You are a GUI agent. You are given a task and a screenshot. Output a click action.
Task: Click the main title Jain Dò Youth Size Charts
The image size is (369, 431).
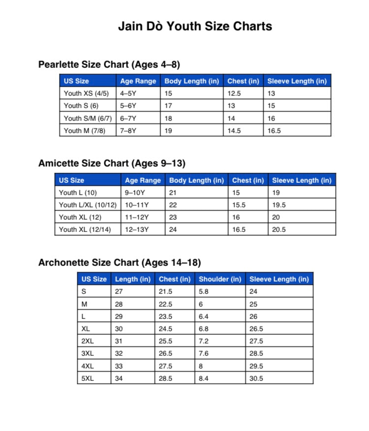(x=195, y=26)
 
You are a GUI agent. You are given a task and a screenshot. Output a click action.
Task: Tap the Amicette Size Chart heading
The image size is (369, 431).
(x=112, y=163)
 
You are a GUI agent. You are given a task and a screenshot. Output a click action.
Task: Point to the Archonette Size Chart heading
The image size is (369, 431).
(x=120, y=263)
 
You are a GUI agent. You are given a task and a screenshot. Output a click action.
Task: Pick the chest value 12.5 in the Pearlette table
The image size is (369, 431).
(x=234, y=93)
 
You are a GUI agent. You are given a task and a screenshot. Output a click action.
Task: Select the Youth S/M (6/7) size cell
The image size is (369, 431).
(x=88, y=118)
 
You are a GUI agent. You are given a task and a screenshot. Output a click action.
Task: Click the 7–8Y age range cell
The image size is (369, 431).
(x=128, y=131)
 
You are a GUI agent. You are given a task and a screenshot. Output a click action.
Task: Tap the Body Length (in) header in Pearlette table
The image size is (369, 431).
(x=191, y=81)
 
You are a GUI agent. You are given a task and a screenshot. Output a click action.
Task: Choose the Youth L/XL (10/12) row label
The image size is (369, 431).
(x=88, y=205)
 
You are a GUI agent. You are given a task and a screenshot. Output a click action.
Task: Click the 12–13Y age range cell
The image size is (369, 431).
(x=137, y=230)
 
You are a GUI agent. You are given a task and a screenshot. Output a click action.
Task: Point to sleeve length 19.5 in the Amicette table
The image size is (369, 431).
(x=279, y=205)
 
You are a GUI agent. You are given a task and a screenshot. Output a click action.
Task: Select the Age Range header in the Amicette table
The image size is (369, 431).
(x=143, y=180)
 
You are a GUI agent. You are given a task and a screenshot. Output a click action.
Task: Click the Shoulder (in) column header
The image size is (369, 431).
(x=220, y=279)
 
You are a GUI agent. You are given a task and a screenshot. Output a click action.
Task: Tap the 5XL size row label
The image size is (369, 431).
(x=88, y=378)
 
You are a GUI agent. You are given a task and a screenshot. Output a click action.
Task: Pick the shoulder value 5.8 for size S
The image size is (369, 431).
(x=204, y=291)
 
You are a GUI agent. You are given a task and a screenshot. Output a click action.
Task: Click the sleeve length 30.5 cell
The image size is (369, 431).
(x=256, y=378)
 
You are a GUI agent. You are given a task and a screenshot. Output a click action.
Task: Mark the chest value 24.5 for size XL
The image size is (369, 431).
(x=165, y=329)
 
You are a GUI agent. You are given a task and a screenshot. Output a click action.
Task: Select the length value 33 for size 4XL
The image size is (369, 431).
(x=119, y=366)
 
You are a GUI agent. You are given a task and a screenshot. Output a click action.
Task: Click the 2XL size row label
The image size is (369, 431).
(x=88, y=341)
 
